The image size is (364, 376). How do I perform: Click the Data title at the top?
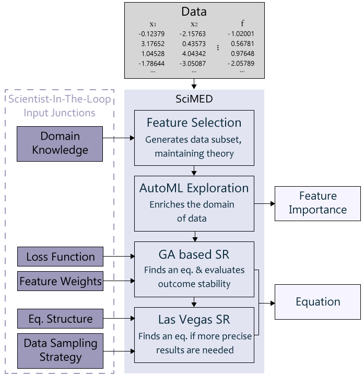click(x=194, y=11)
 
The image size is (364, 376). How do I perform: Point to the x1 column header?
click(x=152, y=24)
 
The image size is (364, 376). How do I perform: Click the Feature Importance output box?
click(x=318, y=203)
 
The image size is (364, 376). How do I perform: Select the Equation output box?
click(x=318, y=301)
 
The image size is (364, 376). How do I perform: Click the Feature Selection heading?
click(x=194, y=123)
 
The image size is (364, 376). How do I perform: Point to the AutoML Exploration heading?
click(x=194, y=188)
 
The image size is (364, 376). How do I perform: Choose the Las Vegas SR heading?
click(x=194, y=319)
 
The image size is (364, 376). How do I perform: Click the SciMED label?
click(x=194, y=99)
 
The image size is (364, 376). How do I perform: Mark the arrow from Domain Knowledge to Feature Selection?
click(x=128, y=139)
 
